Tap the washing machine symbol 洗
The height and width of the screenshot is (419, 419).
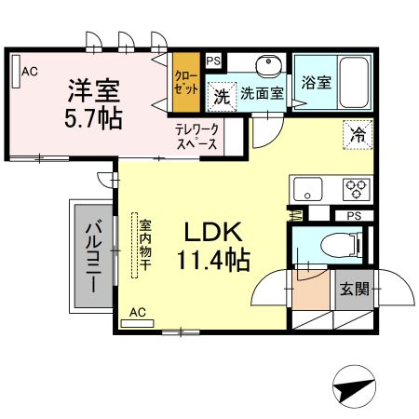(222, 94)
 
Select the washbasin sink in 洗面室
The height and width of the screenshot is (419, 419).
(270, 67)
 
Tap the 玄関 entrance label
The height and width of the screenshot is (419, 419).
(353, 289)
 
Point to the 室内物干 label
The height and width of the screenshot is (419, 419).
(145, 246)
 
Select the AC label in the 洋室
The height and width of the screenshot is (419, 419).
(29, 70)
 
